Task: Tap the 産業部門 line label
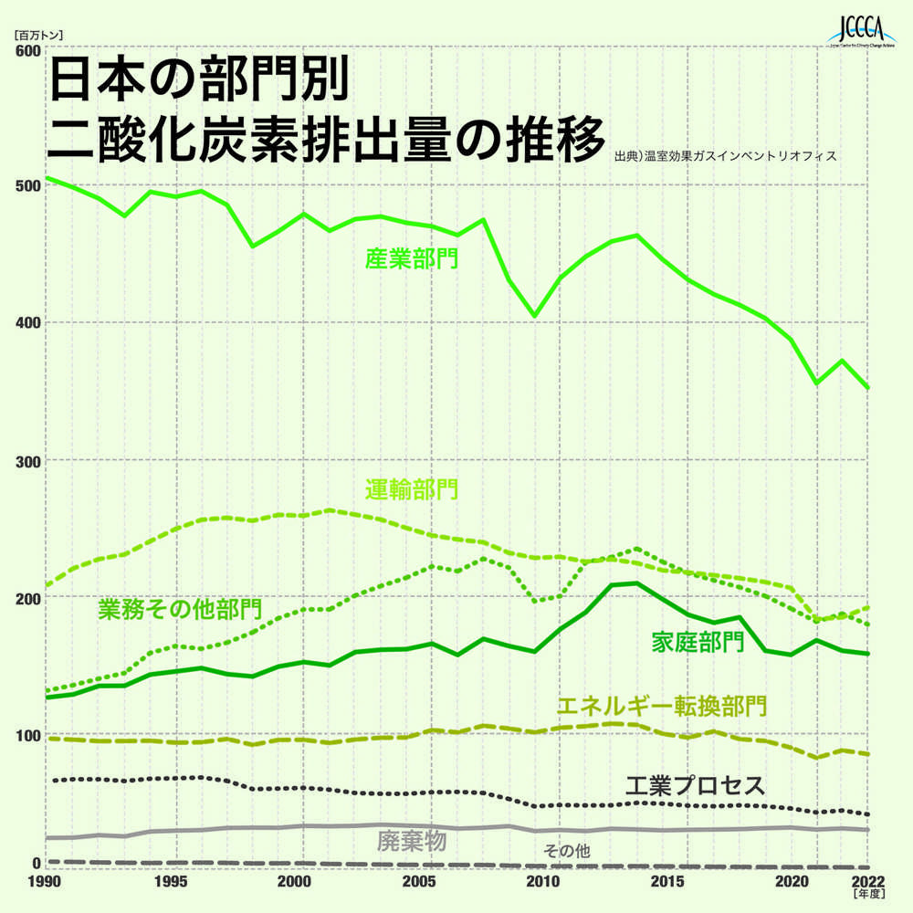(x=412, y=259)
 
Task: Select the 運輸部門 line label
(x=412, y=489)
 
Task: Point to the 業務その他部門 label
(x=180, y=608)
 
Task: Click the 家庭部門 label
(x=697, y=642)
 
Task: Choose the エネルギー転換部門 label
(x=661, y=706)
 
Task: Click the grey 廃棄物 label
(x=411, y=841)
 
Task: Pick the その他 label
(x=566, y=851)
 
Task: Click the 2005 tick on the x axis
(x=419, y=882)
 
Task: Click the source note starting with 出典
(x=726, y=156)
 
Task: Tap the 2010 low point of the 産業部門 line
(x=535, y=316)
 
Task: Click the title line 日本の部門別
(x=197, y=82)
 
